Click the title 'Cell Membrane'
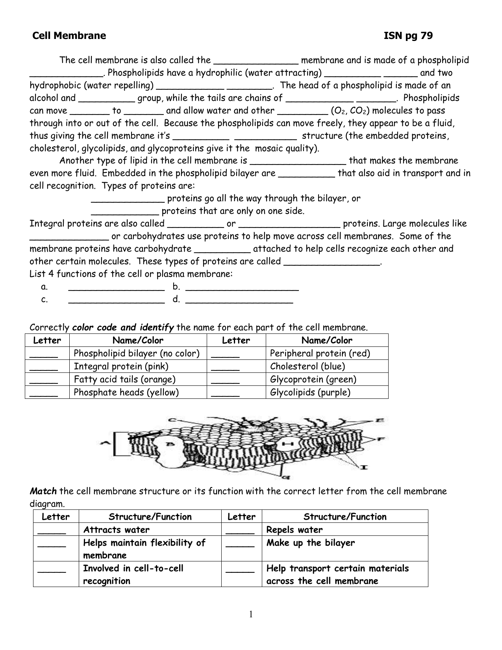[x=69, y=36]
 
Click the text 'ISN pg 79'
[x=408, y=36]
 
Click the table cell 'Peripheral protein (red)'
[x=320, y=354]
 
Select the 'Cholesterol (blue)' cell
[x=307, y=367]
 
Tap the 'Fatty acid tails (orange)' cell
[x=125, y=380]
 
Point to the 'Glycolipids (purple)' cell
[x=310, y=393]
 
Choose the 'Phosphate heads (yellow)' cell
[x=126, y=393]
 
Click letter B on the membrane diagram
[x=170, y=444]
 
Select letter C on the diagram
[x=172, y=420]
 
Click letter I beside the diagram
[x=364, y=467]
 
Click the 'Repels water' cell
[x=295, y=530]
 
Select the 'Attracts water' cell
[x=117, y=530]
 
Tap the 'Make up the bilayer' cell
[x=311, y=543]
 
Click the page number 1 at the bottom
[x=251, y=615]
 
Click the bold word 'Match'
[x=43, y=491]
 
